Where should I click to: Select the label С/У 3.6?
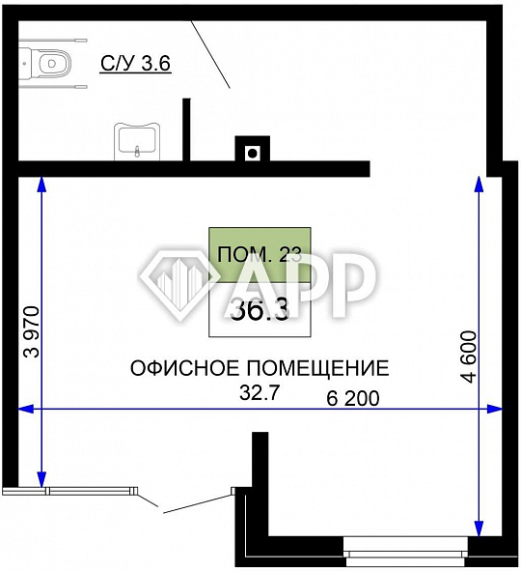136,64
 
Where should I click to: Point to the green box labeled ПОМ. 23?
260,255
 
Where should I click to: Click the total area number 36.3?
260,309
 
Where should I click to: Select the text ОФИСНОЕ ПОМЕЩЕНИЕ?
260,368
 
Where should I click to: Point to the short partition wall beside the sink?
189,130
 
